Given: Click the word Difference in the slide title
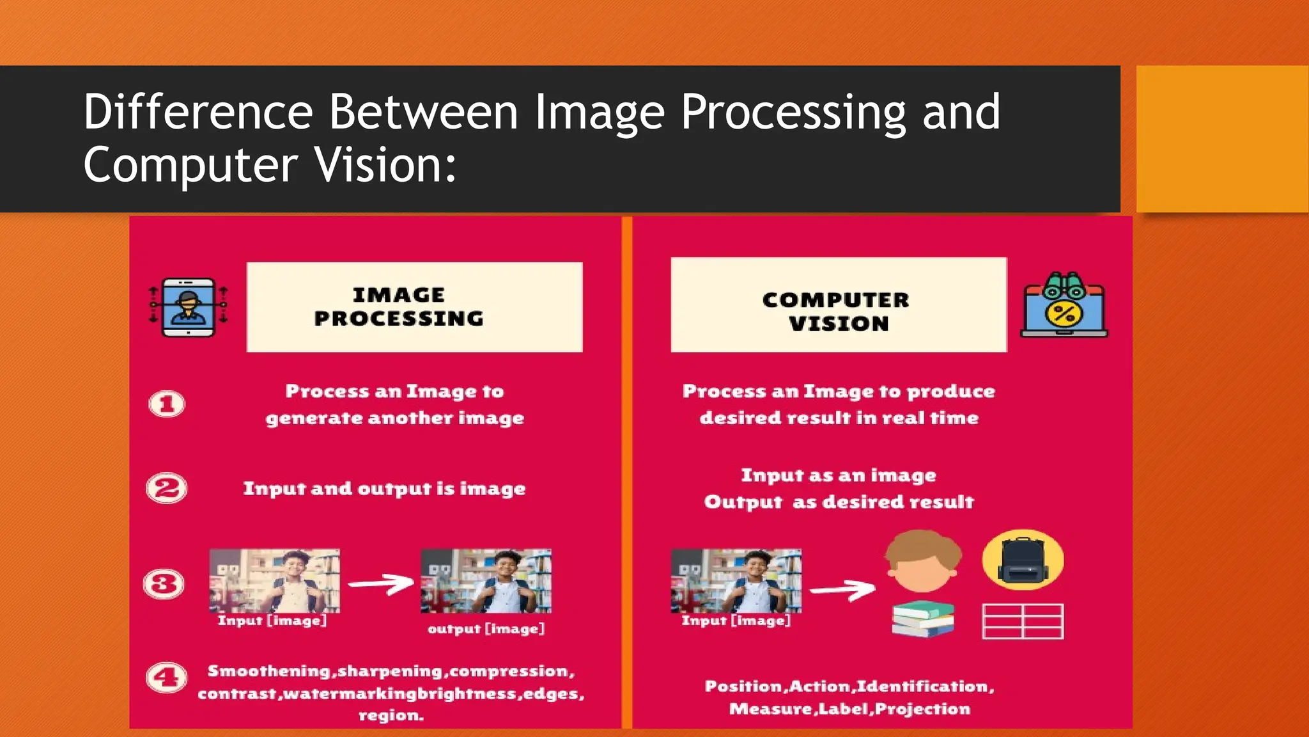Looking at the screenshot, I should click(198, 113).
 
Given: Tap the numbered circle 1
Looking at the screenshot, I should click(167, 404).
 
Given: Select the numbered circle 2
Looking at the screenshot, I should click(167, 489).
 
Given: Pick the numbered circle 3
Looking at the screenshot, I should click(164, 584).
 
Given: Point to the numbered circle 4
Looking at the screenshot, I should click(167, 678).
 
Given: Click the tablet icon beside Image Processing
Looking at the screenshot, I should click(188, 307).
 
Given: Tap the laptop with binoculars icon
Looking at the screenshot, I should click(1064, 306).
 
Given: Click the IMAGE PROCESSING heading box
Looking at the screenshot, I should click(414, 307).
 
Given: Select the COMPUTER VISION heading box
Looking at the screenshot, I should click(839, 305).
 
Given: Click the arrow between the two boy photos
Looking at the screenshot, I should click(382, 583).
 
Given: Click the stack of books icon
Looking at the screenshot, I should click(922, 619).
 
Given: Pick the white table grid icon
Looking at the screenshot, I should click(1023, 621).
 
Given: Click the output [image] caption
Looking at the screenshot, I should click(486, 629).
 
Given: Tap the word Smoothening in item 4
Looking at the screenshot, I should click(268, 671).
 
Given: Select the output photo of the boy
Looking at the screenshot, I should click(486, 581).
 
